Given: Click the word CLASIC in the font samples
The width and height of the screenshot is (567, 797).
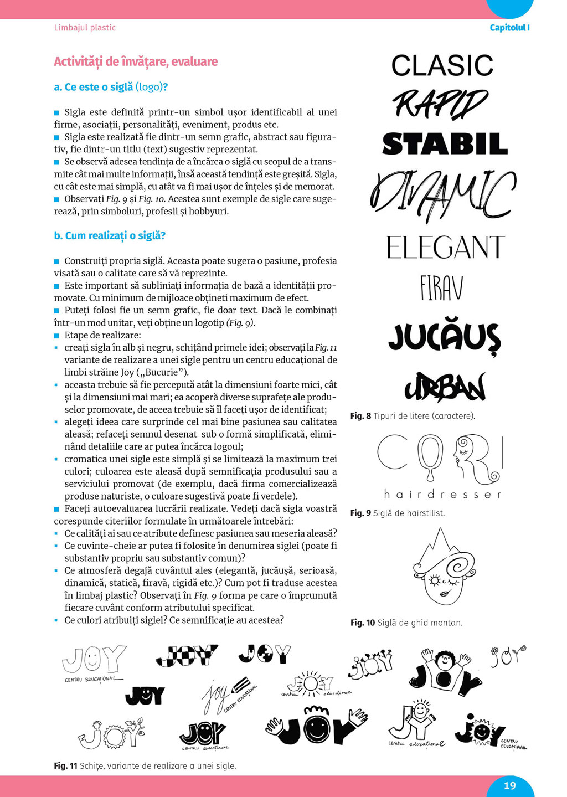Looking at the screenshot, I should [442, 66].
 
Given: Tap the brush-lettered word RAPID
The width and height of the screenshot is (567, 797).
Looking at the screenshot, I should [440, 104].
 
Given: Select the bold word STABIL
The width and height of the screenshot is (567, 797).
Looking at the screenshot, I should [445, 144].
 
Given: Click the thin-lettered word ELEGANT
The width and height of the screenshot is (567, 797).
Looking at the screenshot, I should [445, 248].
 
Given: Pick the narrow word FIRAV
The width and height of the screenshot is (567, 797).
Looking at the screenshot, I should [441, 288].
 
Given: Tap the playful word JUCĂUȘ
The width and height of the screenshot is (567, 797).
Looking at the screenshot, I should [444, 338].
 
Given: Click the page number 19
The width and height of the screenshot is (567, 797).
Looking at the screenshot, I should [509, 785].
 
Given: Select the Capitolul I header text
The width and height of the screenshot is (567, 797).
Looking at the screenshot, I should [509, 28].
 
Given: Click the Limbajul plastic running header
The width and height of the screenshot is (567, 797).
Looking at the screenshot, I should [85, 28].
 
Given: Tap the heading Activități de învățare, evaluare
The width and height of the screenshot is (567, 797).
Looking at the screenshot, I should [136, 61].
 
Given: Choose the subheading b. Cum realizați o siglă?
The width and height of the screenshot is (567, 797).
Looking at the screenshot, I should [110, 235].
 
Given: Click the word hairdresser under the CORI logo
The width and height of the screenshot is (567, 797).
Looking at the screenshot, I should [442, 494].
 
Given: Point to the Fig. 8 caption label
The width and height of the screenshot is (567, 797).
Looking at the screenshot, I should [360, 416].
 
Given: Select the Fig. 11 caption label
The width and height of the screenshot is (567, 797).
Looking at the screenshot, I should [65, 766].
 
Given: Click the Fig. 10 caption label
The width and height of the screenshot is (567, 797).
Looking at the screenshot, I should [362, 623].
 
